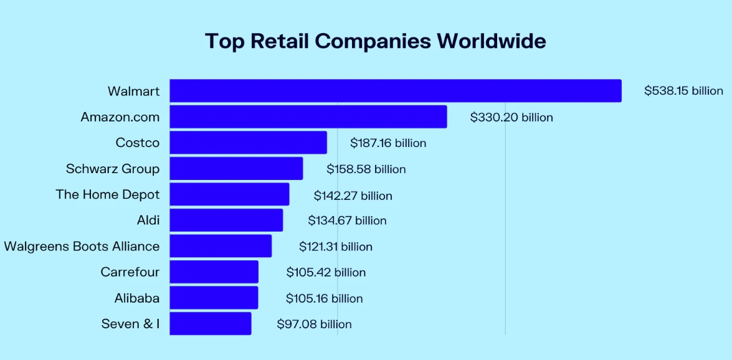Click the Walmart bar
[395, 91]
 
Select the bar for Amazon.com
[308, 117]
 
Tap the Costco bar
[248, 143]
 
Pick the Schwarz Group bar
[236, 169]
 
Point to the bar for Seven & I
[210, 324]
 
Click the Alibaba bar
[214, 298]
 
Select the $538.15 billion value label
[683, 91]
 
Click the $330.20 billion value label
[511, 117]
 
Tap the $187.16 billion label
[388, 143]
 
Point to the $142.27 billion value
[353, 196]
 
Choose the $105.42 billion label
[326, 272]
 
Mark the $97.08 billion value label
[314, 324]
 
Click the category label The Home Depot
[108, 194]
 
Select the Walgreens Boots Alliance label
[82, 246]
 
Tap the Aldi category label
[148, 220]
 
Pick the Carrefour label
[130, 272]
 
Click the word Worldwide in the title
[491, 41]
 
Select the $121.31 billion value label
[335, 247]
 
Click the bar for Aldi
[226, 220]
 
